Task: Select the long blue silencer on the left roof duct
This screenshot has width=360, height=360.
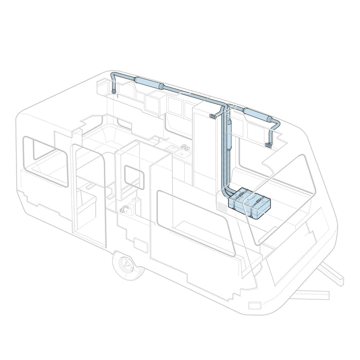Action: tap(148, 82)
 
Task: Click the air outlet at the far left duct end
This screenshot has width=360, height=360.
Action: tap(114, 89)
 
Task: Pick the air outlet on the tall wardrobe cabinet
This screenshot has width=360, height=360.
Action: tap(211, 117)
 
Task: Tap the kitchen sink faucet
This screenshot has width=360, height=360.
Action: tap(183, 148)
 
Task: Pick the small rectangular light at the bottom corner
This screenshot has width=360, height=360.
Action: tap(255, 305)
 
